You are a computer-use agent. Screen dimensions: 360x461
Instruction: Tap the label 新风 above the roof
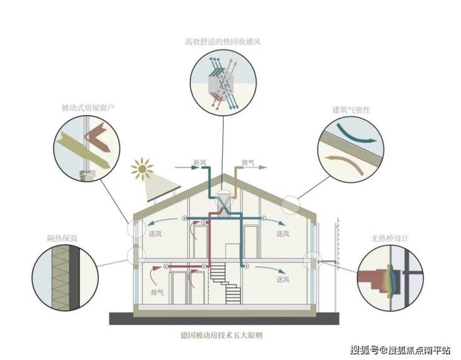tap(199, 163)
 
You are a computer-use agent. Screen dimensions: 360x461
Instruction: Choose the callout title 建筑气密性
tap(351, 110)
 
